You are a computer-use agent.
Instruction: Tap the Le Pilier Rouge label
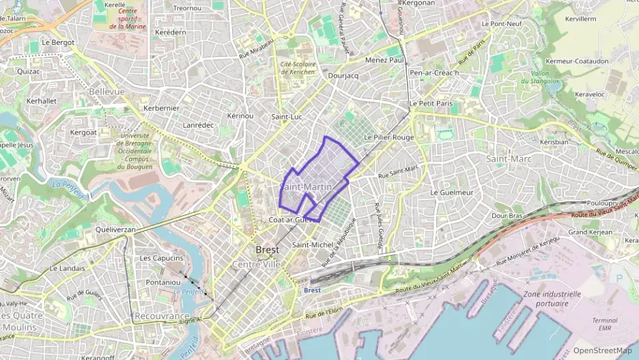pos(389,137)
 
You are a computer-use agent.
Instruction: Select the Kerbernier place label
pos(161,109)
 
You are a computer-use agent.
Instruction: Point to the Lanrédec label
pos(199,126)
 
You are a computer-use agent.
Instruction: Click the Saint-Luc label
pos(287,117)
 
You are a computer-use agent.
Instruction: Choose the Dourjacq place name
pos(343,76)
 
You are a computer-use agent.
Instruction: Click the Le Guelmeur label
pos(452,193)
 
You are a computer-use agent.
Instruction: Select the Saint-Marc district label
pos(509,158)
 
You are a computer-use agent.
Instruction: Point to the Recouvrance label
pos(162,318)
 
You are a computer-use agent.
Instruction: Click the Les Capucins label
pos(161,258)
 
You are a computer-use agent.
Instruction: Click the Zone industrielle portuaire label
pos(552,299)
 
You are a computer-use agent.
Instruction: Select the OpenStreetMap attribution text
pos(602,350)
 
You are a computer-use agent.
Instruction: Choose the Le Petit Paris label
pos(431,103)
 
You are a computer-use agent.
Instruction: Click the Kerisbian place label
pos(554,142)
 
